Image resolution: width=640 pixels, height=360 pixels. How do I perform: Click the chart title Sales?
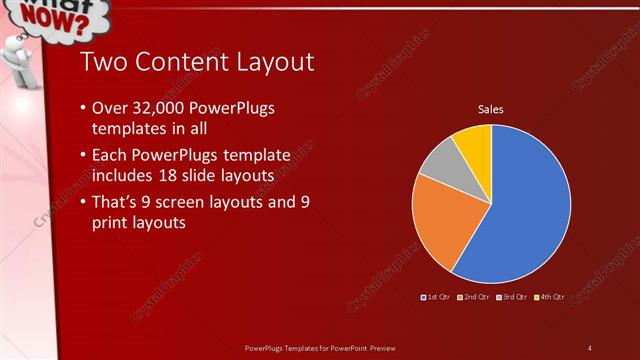coord(490,109)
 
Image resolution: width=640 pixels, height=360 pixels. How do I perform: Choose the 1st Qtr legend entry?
coord(438,297)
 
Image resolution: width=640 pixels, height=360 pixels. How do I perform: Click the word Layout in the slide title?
coord(276,63)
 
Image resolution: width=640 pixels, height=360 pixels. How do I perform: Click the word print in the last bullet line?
coord(112,223)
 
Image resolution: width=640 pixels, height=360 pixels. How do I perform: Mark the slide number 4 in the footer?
coord(590,347)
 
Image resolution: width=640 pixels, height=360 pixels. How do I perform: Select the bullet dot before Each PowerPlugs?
coord(81,158)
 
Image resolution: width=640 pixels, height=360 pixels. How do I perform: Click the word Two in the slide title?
coord(100,61)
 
